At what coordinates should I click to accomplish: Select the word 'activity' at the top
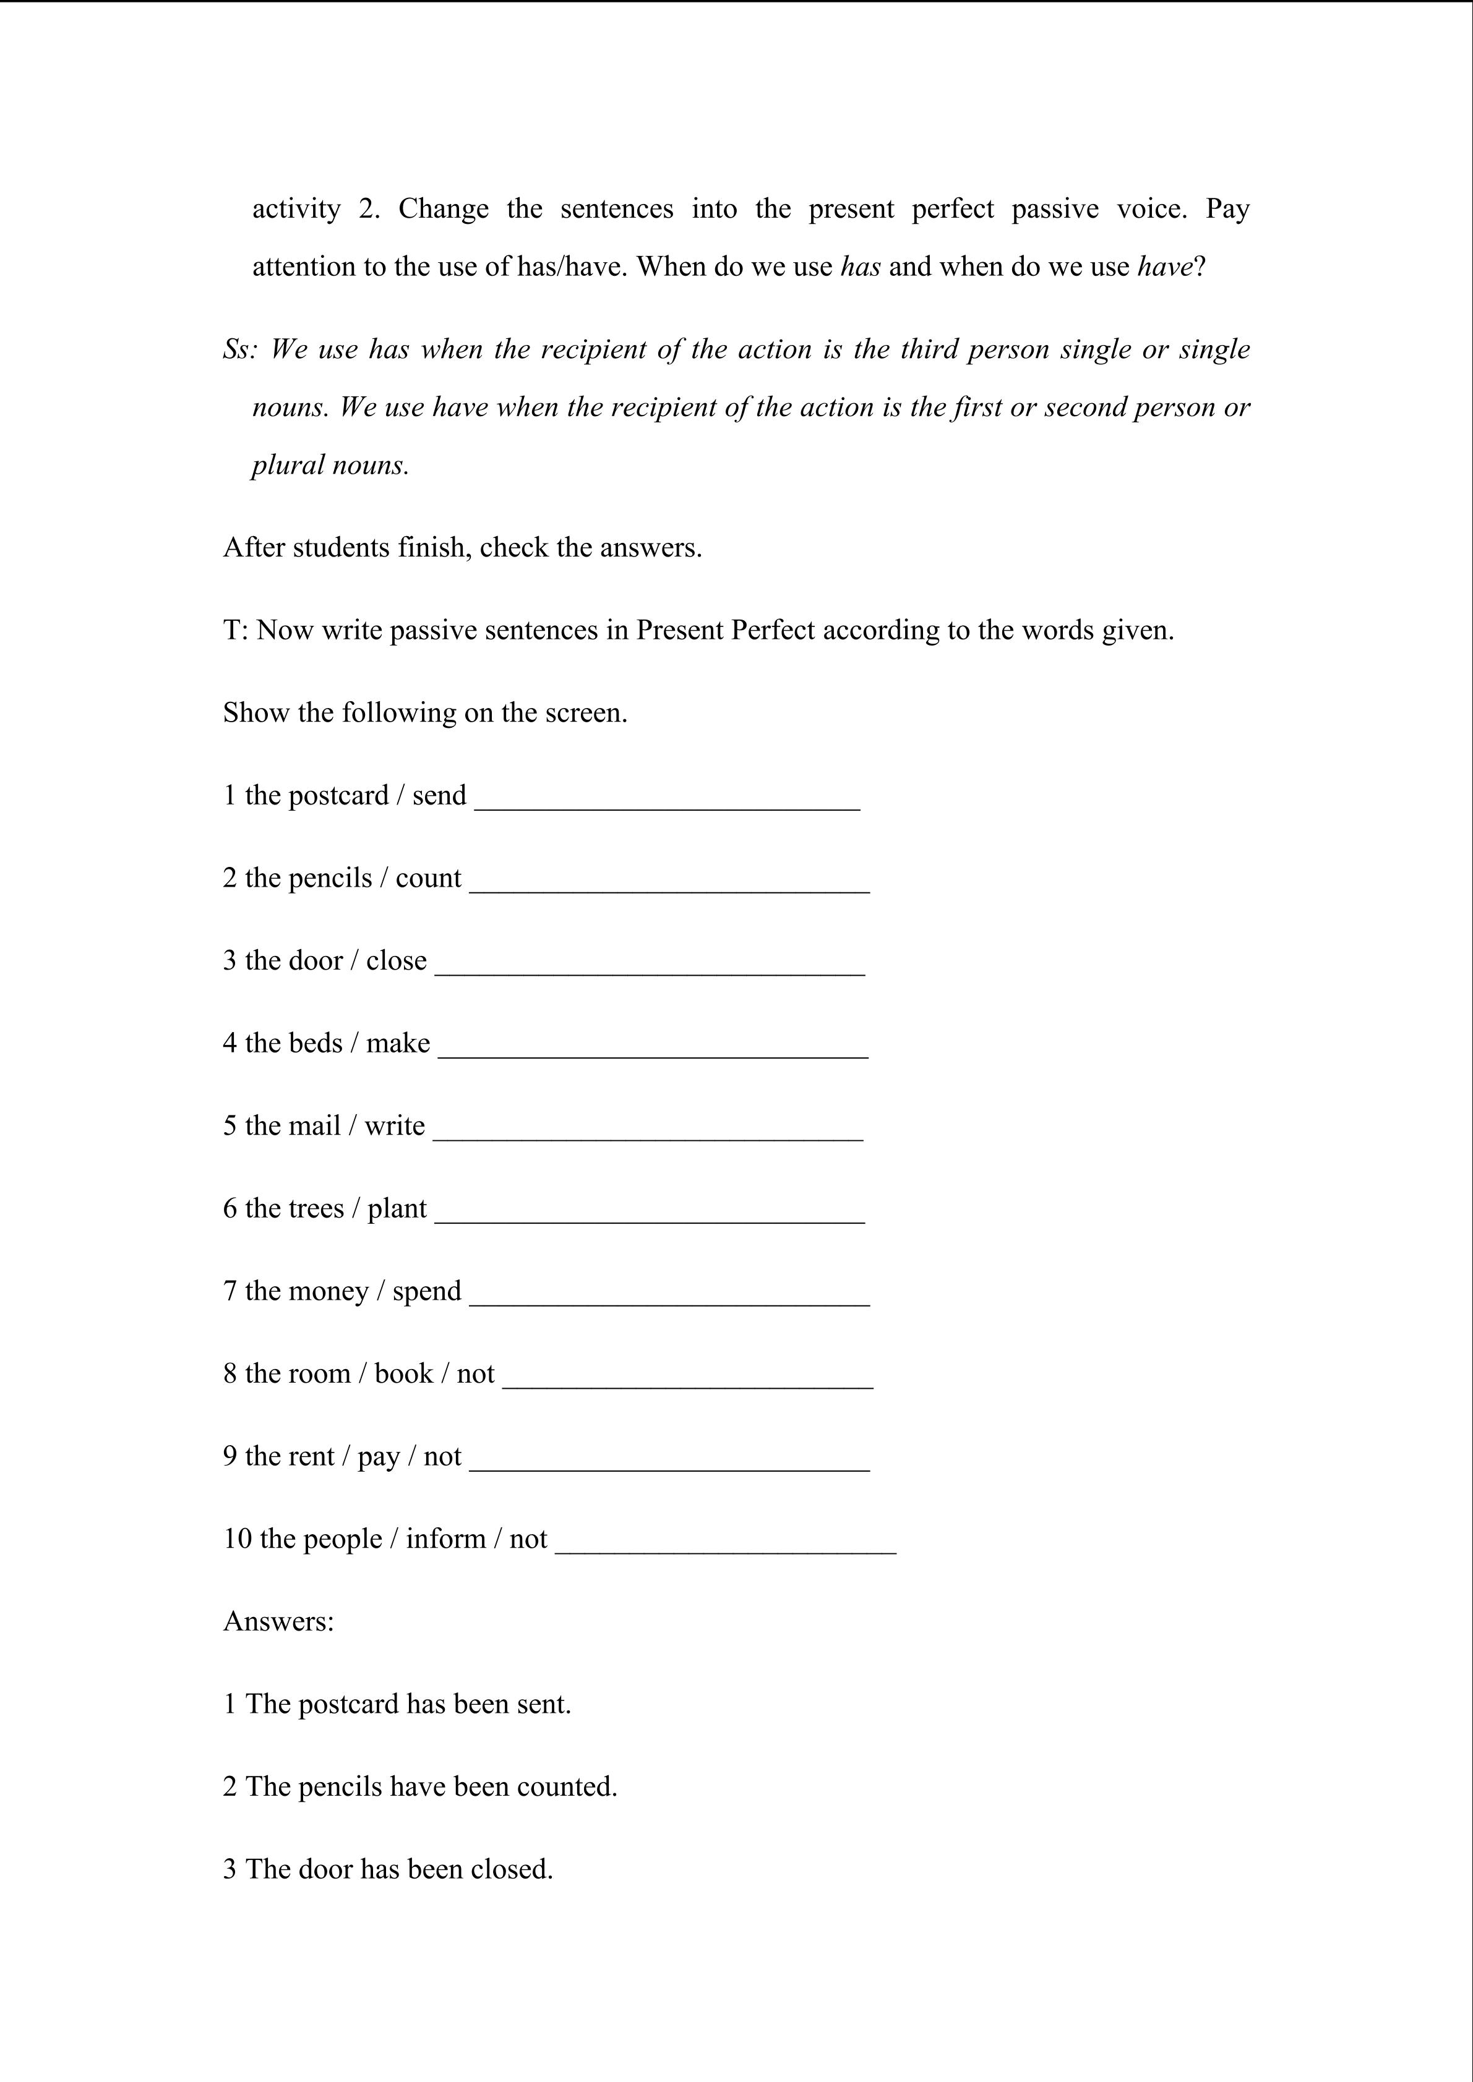point(296,210)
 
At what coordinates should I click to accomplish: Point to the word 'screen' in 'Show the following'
point(585,713)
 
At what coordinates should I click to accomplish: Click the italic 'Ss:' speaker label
point(241,349)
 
